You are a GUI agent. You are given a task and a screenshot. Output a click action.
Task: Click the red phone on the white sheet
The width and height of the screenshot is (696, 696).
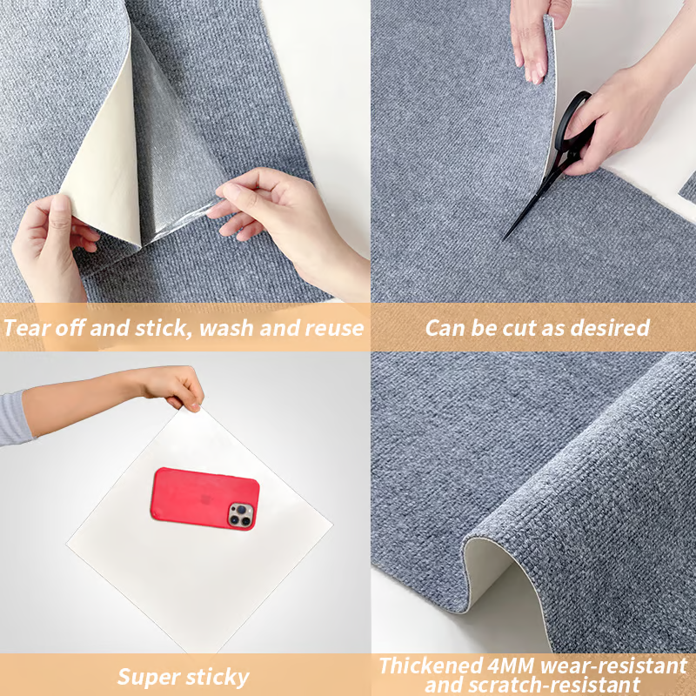coord(204,499)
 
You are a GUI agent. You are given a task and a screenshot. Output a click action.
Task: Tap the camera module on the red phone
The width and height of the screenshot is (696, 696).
coord(241,515)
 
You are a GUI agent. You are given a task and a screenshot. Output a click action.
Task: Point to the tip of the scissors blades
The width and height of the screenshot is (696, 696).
coord(505,238)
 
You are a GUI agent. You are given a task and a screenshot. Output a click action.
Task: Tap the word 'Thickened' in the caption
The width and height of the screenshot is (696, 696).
coord(431,666)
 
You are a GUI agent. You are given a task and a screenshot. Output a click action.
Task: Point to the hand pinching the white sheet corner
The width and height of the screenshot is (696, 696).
coord(173,387)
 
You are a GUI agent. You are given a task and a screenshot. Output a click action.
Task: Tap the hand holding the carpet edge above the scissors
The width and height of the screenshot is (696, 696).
coord(534,37)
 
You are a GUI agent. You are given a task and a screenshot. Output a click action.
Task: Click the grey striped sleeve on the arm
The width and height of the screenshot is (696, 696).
coord(14,418)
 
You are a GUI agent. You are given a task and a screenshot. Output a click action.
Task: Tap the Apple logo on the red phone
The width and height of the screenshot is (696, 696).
coord(205,499)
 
